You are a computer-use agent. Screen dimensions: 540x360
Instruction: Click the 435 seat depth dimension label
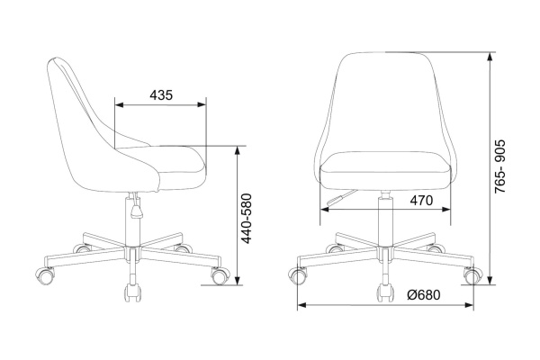[x=161, y=94]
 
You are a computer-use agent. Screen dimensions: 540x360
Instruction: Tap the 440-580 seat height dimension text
[x=247, y=219]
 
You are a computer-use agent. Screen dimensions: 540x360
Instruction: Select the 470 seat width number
[x=421, y=200]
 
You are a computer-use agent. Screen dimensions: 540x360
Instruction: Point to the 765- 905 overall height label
[x=499, y=166]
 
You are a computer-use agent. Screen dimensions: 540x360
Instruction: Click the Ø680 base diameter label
[x=423, y=295]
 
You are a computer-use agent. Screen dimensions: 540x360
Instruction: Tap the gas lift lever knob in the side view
[x=137, y=211]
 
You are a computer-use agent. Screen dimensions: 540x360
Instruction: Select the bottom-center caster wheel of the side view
[x=132, y=292]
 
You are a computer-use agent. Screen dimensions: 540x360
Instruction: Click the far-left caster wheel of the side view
[x=46, y=275]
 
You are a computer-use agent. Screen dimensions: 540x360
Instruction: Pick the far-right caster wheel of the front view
[x=472, y=275]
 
